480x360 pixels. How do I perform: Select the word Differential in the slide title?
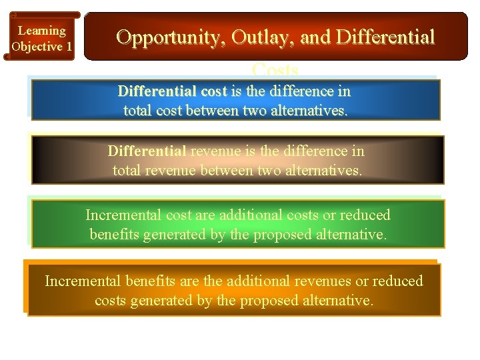click(386, 37)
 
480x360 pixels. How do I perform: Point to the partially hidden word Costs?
click(275, 69)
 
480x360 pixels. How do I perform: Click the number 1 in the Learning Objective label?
click(69, 47)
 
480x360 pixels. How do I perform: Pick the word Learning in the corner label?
click(41, 31)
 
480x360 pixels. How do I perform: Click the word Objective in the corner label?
click(37, 47)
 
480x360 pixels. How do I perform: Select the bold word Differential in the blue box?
click(157, 91)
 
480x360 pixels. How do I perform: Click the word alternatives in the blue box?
click(309, 111)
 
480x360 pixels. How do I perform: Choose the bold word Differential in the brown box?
click(147, 151)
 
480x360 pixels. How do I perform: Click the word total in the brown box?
click(127, 171)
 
